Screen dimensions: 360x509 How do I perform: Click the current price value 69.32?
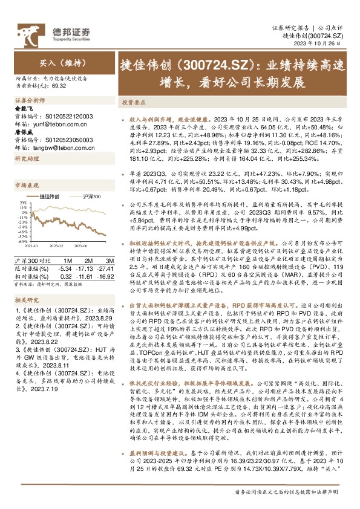[x=59, y=85]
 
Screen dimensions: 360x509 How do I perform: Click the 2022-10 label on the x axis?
[x=31, y=246]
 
